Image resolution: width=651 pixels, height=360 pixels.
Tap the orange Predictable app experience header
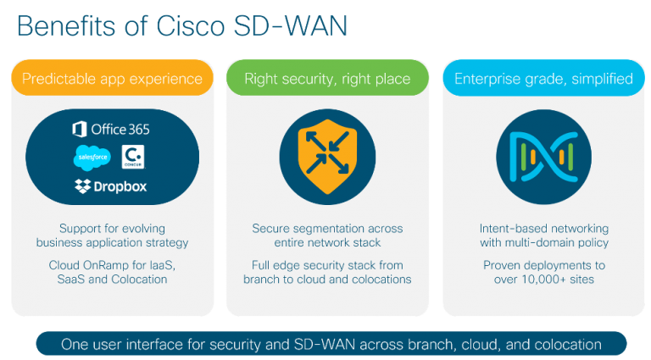[x=112, y=79]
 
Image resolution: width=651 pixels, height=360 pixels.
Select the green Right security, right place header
[x=327, y=79]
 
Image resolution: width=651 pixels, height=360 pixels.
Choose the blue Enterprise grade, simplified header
[x=543, y=79]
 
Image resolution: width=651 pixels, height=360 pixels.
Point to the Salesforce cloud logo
[x=92, y=157]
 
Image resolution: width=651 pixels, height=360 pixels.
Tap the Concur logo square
[x=133, y=157]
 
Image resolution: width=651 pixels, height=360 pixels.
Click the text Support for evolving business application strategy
[x=112, y=235]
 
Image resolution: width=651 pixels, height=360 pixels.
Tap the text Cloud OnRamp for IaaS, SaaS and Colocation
[x=112, y=272]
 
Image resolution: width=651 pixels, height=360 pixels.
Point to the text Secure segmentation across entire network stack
[x=327, y=235]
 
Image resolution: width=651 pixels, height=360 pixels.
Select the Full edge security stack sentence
[x=327, y=272]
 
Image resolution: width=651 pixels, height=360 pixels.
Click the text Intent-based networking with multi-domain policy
[x=543, y=235]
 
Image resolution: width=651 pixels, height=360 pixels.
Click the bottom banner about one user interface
[x=331, y=344]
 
